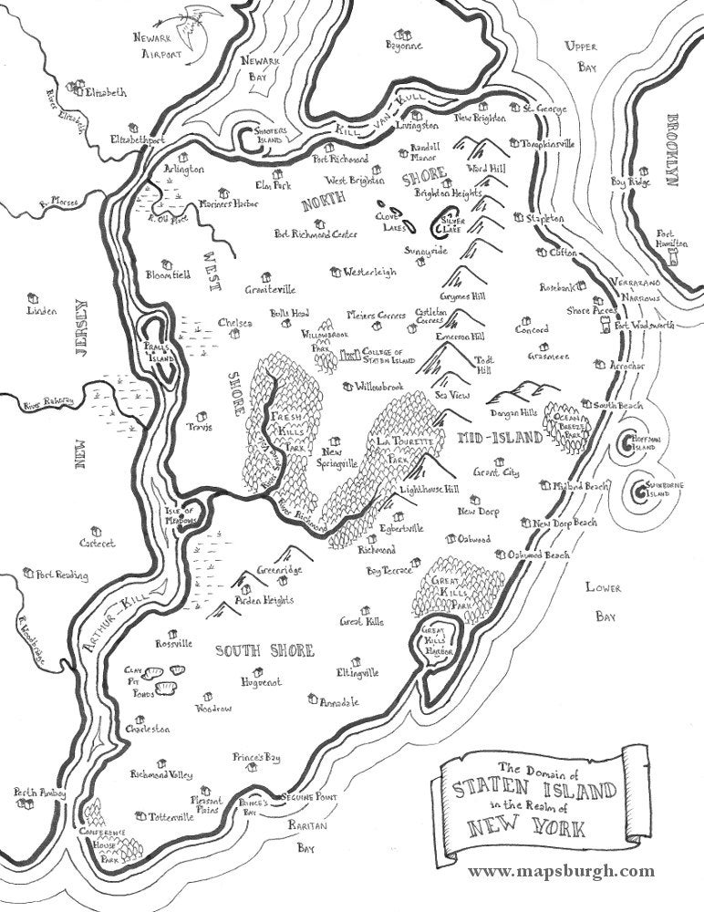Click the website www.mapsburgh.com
tap(561, 872)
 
